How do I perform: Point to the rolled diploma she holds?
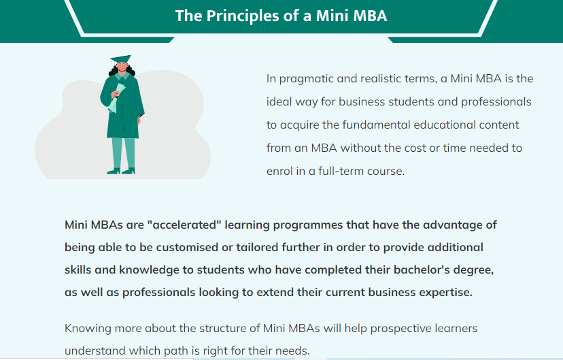[116, 98]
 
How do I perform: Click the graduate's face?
[122, 67]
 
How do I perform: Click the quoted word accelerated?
[184, 225]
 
